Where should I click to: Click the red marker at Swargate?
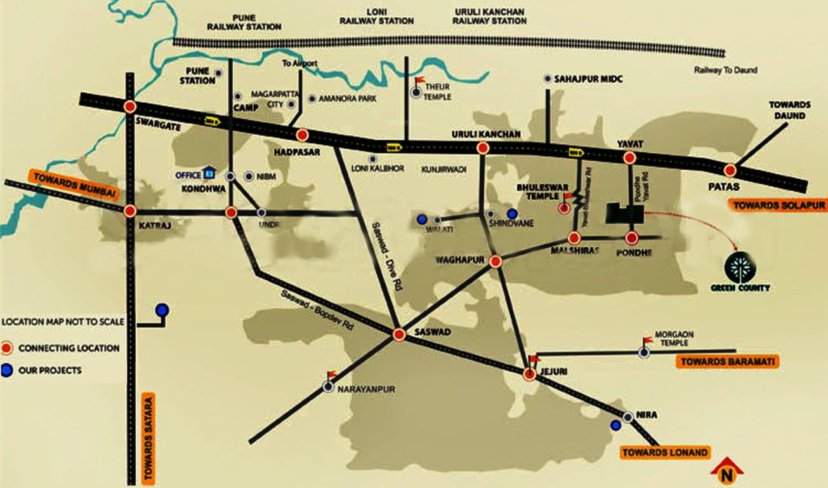pos(130,107)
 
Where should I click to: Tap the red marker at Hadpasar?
pos(303,135)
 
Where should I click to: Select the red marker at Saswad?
pos(399,334)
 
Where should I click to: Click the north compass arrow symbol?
pos(726,470)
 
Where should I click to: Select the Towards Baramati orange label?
pos(726,362)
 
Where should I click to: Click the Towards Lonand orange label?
pos(664,452)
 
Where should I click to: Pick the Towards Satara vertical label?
pos(148,438)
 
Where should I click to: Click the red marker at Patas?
pos(730,170)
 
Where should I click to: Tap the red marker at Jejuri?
pos(530,375)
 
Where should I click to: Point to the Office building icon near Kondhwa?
pos(209,173)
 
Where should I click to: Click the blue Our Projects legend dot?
pos(7,370)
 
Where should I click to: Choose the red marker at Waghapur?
pos(496,261)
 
